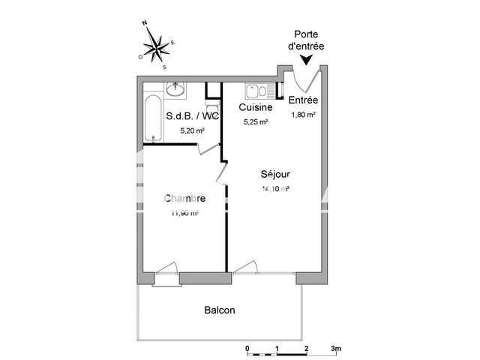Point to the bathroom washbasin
177,89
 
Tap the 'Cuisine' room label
254,108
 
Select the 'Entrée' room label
304,100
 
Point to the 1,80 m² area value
302,115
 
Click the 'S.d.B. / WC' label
192,116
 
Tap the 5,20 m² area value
192,130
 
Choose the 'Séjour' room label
276,174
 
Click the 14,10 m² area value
275,189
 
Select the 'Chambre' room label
184,199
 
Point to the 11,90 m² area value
184,214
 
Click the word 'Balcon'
220,310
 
